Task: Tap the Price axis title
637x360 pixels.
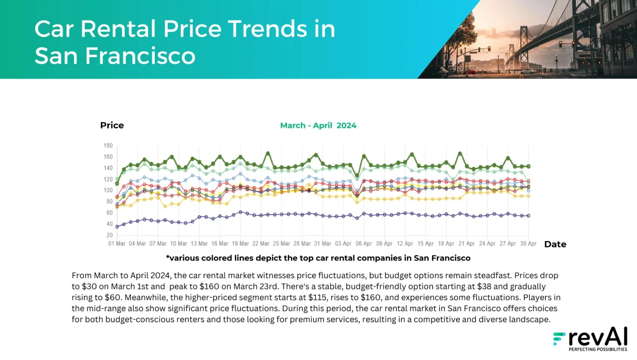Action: coord(112,125)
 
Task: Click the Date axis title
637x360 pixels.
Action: coord(555,244)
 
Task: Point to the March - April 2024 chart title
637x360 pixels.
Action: coord(318,125)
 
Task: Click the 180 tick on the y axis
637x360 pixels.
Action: coord(108,146)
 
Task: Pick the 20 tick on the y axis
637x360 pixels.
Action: coord(109,236)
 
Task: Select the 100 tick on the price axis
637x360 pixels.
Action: coord(108,191)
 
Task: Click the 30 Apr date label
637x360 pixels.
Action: coord(528,243)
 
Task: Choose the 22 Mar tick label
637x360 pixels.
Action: coord(261,243)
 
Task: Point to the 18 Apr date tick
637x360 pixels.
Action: coord(446,243)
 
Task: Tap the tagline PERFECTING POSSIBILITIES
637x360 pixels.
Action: coord(597,350)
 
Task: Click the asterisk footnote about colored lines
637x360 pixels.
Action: coord(318,258)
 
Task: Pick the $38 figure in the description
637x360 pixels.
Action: coord(486,287)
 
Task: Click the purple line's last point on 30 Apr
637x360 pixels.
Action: coord(528,216)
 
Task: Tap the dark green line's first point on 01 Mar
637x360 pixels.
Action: coord(117,183)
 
